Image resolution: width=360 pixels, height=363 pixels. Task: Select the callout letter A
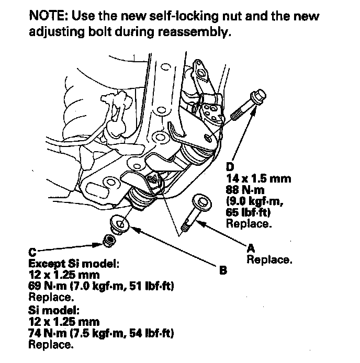pyautogui.click(x=250, y=249)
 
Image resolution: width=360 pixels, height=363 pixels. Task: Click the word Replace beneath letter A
pyautogui.click(x=269, y=259)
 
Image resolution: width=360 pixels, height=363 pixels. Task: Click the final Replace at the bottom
pyautogui.click(x=51, y=344)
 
